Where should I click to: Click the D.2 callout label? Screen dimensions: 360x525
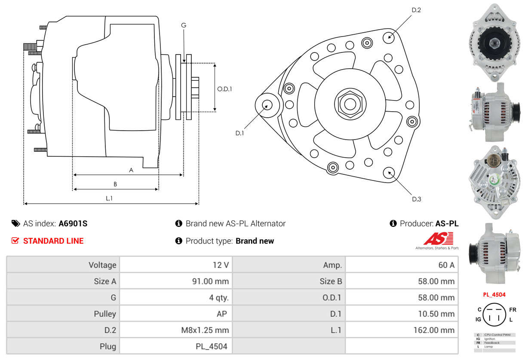coord(416,10)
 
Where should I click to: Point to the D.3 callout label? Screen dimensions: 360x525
coord(416,199)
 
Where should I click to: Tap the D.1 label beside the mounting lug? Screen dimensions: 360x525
coord(239,133)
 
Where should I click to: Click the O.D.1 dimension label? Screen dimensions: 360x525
coord(224,89)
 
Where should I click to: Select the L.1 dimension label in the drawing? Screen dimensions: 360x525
coord(109,198)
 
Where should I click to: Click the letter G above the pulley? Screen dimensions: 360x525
coord(184,25)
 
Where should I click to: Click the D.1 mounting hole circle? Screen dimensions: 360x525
coord(268,105)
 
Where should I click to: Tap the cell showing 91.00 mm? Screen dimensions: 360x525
coord(175,281)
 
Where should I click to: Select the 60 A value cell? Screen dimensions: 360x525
coord(402,265)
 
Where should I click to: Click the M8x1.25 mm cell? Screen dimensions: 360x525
coord(175,330)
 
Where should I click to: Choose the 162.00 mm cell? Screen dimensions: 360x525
coord(402,330)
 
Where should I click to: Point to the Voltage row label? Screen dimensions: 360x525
coord(63,265)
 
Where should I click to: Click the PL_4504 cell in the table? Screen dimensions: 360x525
coord(175,346)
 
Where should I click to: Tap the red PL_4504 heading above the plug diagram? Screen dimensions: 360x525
coord(494,295)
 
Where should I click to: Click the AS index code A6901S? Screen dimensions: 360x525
coord(73,223)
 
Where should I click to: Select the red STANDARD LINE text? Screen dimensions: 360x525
coord(53,241)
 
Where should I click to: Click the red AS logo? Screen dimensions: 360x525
coord(439,238)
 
